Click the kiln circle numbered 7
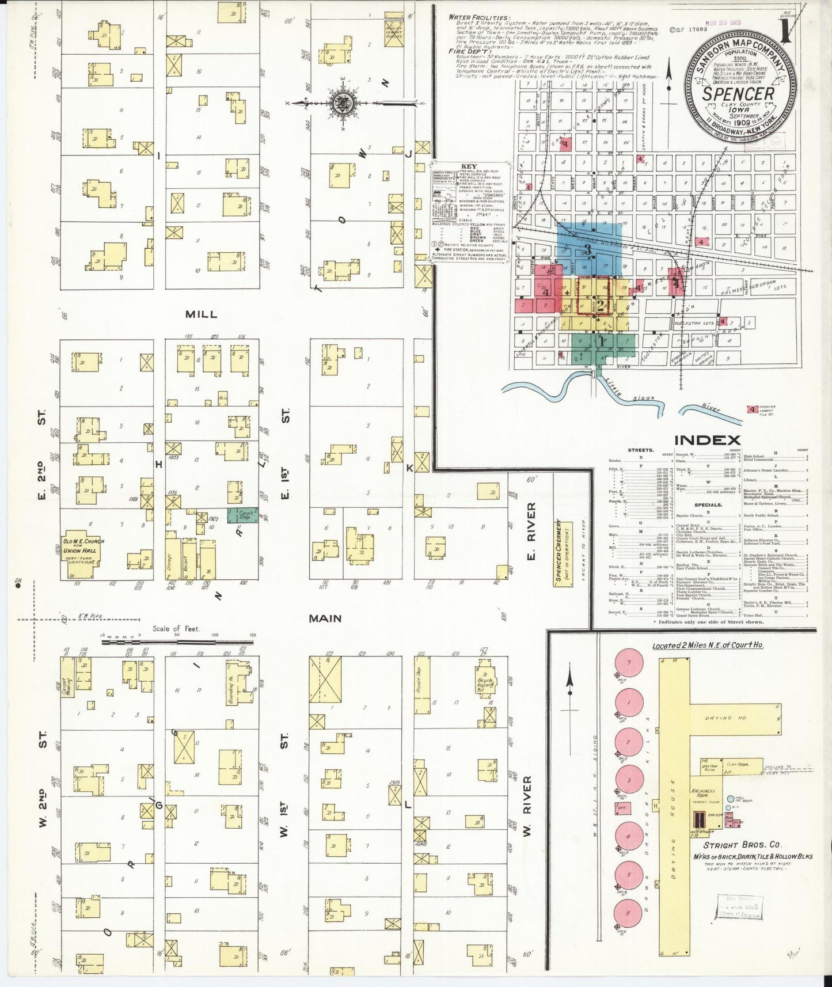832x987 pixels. (x=629, y=663)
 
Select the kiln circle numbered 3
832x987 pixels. (x=629, y=781)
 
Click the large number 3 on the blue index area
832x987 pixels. (x=588, y=249)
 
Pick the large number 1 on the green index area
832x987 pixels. (x=602, y=341)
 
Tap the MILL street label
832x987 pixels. (x=201, y=314)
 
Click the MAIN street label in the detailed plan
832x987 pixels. (x=325, y=618)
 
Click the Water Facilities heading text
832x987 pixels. (x=479, y=18)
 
